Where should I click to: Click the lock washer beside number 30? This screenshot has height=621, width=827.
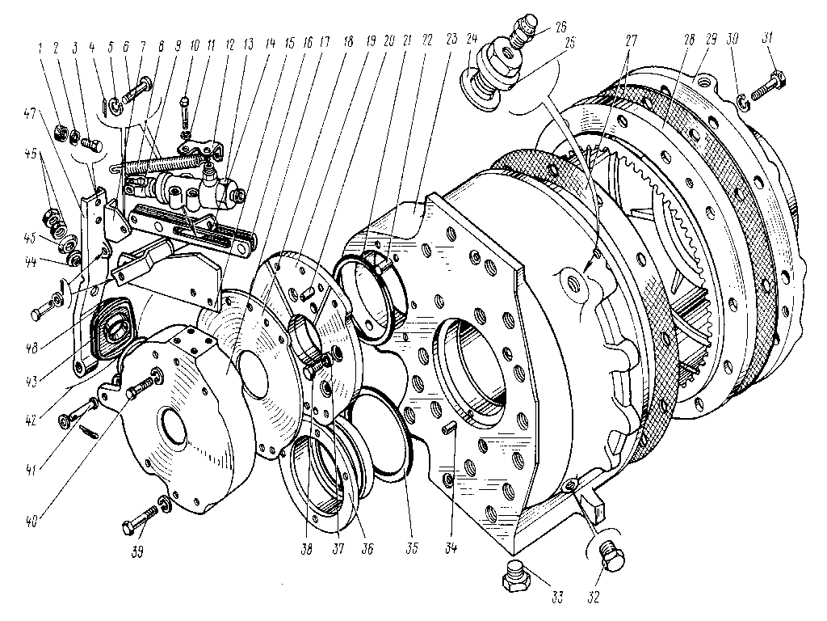tap(744, 101)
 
